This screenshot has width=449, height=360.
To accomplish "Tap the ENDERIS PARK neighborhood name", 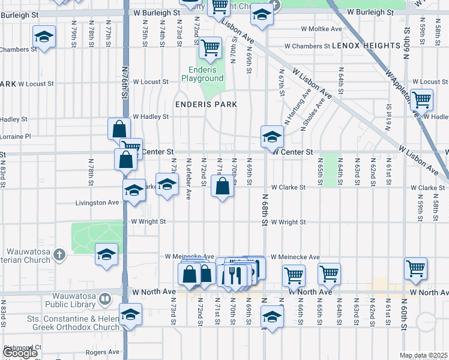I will coord(206,104).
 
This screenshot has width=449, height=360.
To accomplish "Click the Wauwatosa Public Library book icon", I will coord(105,298).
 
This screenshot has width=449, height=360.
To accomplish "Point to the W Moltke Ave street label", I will coord(321,29).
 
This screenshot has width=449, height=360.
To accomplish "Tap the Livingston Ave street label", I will coord(97,203).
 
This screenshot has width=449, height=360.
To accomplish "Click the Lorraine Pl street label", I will coord(15,137).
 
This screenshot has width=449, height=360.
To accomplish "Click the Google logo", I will coord(19,353).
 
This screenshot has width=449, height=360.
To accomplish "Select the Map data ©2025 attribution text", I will coord(423,355).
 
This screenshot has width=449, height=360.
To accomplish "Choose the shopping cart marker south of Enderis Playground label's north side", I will coord(210,47).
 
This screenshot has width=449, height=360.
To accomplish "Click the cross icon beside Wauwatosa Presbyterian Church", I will coord(59,255).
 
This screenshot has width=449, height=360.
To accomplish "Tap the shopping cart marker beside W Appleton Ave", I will coord(421,98).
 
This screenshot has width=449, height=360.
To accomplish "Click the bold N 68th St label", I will coord(264,210).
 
